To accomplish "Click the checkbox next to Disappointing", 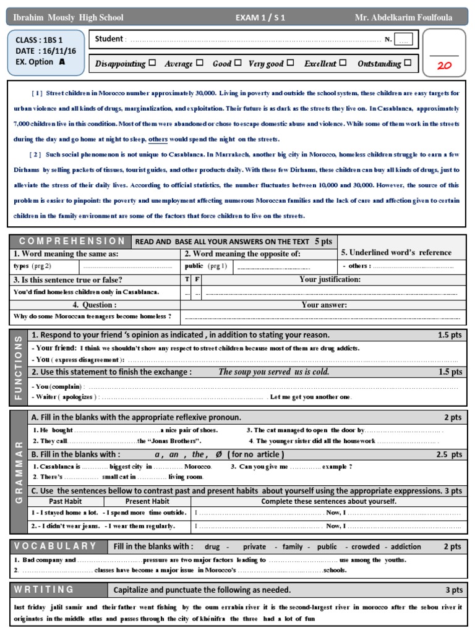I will pyautogui.click(x=143, y=63).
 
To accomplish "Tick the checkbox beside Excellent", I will pyautogui.click(x=343, y=63).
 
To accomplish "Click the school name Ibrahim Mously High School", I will pyautogui.click(x=68, y=18).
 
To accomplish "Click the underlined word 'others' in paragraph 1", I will pyautogui.click(x=158, y=139).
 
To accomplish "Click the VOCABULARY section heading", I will pyautogui.click(x=56, y=546).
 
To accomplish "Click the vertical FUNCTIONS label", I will pyautogui.click(x=18, y=367).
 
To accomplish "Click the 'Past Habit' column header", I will pyautogui.click(x=65, y=501).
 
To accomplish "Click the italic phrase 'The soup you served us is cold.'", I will pyautogui.click(x=274, y=372).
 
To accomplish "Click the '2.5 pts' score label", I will pyautogui.click(x=450, y=454).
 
